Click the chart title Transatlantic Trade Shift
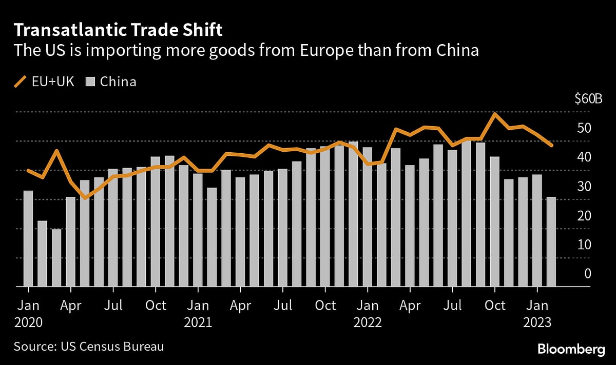tap(118, 30)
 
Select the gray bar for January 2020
tap(28, 238)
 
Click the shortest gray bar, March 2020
tap(56, 257)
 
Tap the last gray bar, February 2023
tap(550, 241)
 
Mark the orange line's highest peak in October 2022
tap(494, 114)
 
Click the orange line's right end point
tap(551, 146)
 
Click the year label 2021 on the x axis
tap(198, 322)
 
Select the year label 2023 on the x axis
tap(536, 322)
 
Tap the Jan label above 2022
tap(367, 306)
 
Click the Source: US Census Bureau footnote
tap(89, 347)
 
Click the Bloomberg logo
tap(571, 349)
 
